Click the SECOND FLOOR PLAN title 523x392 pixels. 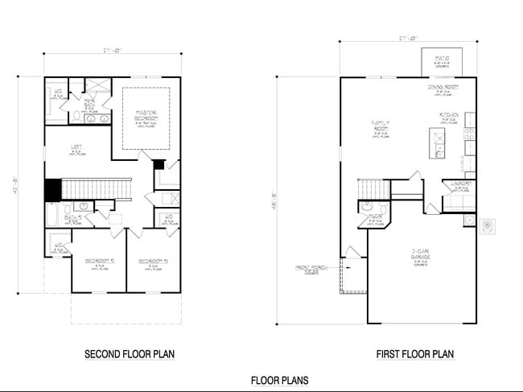130,353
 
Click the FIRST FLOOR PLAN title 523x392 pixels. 414,353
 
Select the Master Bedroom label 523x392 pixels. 146,114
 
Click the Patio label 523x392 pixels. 442,59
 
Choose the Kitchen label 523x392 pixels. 448,116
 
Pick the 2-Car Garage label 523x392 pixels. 419,253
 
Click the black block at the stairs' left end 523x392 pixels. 52,189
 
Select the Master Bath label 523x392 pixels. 91,103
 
